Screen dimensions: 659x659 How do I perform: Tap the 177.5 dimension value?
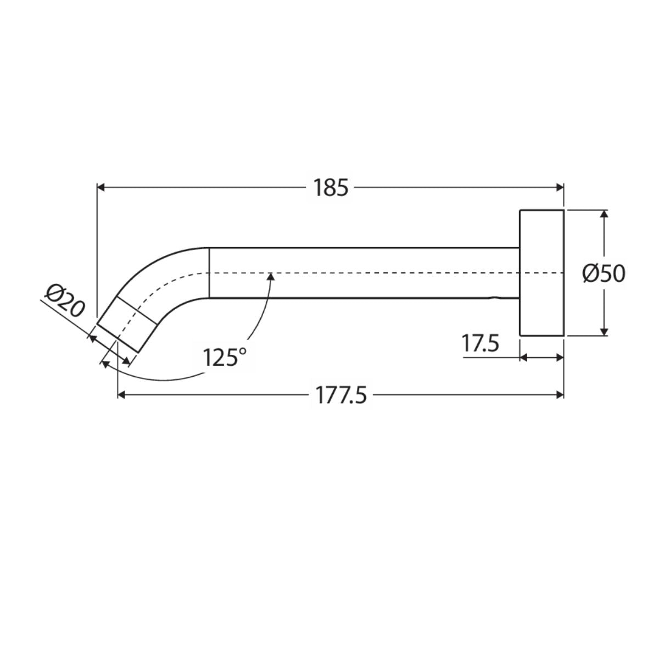[341, 395]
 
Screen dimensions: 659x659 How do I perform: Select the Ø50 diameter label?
[604, 274]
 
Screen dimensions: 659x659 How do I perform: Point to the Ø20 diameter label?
[65, 300]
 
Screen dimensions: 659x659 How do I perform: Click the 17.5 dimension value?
[481, 343]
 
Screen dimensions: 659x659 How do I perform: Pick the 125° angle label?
[225, 358]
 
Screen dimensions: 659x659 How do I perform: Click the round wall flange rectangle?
[541, 273]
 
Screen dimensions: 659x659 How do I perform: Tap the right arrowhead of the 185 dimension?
[560, 187]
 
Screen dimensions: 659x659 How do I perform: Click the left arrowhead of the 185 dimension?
[101, 187]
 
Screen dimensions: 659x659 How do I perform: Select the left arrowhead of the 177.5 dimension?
[122, 395]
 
